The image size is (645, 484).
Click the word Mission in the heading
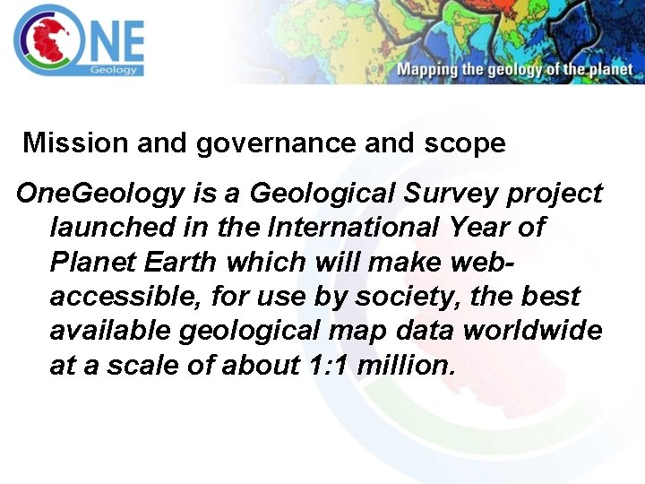click(66, 143)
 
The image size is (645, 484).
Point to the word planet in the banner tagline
click(611, 70)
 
